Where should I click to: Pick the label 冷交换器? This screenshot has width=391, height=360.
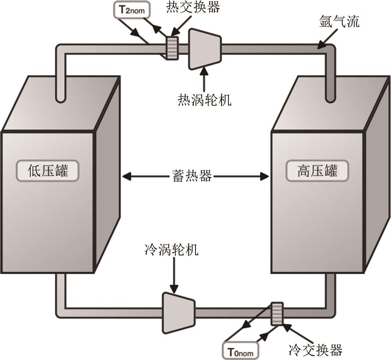coord(315,350)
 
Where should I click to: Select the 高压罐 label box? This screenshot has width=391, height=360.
coord(317,170)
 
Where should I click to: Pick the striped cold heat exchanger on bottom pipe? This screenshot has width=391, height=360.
coord(277,314)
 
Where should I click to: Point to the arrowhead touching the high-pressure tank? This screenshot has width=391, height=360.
coord(264,176)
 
